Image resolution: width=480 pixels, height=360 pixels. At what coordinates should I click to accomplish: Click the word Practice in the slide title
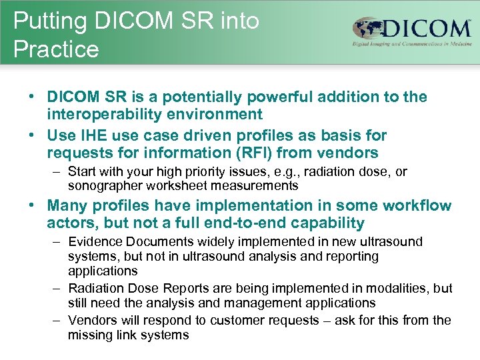(56, 49)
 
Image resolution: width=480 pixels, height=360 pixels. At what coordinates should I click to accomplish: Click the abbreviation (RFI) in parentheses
(255, 153)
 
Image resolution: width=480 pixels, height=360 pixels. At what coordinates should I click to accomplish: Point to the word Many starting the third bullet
(67, 206)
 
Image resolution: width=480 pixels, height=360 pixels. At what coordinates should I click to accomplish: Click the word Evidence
(92, 242)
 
